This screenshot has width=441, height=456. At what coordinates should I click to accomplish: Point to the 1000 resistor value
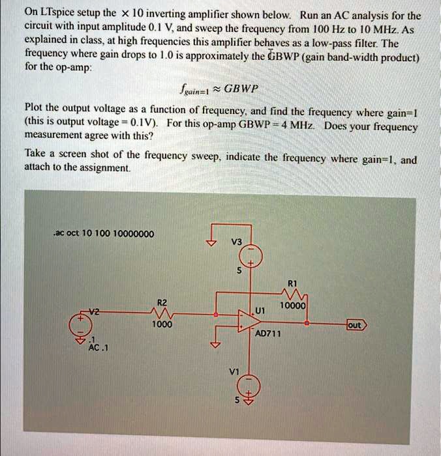pos(162,324)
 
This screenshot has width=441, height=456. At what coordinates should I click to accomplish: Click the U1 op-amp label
pos(260,311)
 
